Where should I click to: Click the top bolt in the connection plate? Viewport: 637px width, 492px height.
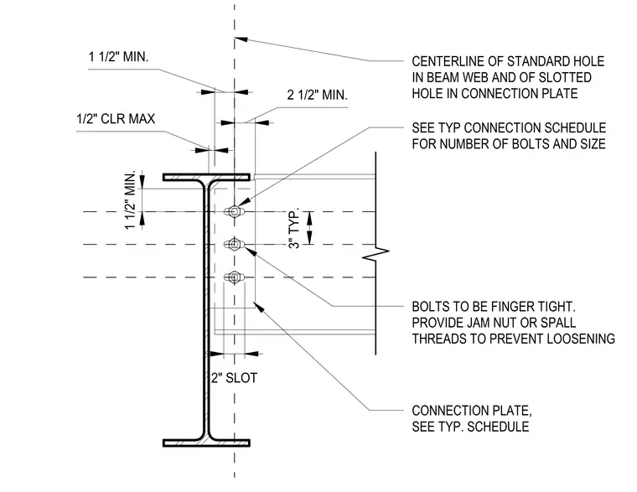coord(234,211)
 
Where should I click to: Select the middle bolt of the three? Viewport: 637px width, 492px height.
coord(234,244)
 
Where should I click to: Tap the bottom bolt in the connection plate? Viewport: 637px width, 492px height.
coord(234,277)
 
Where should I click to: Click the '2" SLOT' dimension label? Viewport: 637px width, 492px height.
coord(235,378)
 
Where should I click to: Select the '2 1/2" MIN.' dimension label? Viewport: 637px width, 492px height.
coord(318,95)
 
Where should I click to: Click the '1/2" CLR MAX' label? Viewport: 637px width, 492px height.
coord(116,119)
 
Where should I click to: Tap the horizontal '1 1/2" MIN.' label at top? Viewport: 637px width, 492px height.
coord(119,56)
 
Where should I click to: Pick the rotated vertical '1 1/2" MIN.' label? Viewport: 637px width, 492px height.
coord(130,200)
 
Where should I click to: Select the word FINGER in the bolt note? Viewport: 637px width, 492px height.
coord(510,307)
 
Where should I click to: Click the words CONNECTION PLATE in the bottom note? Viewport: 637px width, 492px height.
coord(472,411)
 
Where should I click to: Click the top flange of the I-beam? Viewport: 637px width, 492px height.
coord(206,177)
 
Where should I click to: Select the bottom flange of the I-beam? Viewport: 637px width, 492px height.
coord(206,443)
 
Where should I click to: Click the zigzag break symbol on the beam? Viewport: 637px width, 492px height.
coord(375,254)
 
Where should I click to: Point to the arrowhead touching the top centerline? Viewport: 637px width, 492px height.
coord(241,39)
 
